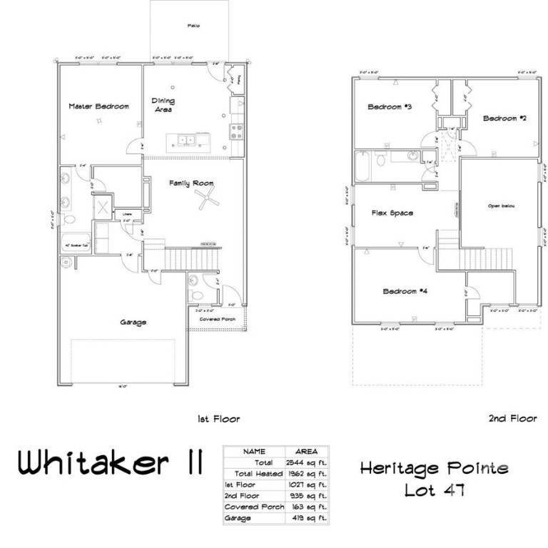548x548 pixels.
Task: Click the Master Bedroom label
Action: tap(98, 106)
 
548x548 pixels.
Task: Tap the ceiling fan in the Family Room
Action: tap(205, 200)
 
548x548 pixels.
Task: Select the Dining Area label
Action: tap(163, 106)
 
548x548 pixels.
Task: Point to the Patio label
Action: tap(193, 26)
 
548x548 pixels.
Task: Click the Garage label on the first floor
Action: tap(133, 322)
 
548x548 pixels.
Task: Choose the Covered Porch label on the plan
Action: tap(218, 319)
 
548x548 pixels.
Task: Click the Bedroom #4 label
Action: tap(405, 291)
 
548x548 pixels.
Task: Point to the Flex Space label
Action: tap(392, 213)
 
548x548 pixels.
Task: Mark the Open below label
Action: tap(501, 205)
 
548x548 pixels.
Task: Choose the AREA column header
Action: tap(307, 452)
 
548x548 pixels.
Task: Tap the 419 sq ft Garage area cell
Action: tap(308, 517)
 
